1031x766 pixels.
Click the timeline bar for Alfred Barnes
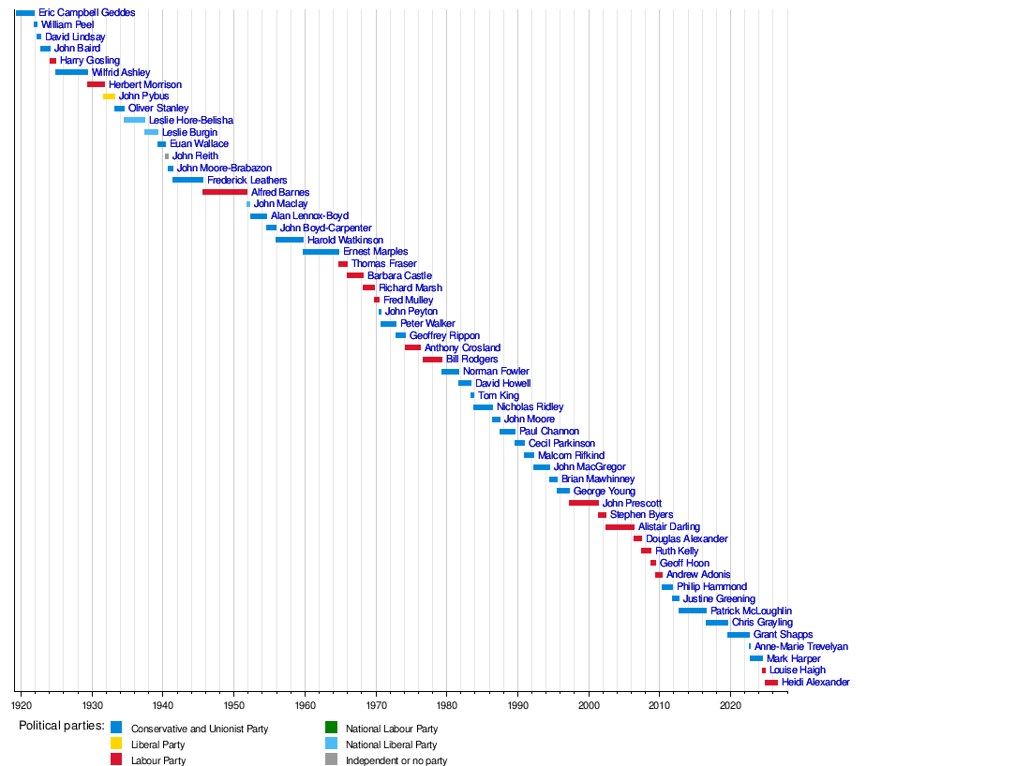225,192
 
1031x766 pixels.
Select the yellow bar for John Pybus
109,96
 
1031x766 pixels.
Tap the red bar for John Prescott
584,503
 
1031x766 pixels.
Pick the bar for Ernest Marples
321,252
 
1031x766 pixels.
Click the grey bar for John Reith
167,156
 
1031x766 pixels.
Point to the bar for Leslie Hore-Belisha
135,120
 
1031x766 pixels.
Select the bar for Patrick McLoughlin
693,611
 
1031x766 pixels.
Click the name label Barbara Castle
400,276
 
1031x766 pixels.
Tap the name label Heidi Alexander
815,683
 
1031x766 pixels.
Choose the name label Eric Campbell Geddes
87,12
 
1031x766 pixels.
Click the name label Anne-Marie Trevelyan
800,646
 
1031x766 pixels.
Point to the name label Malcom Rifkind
572,455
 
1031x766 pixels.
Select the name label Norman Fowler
496,371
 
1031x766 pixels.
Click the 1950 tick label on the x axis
234,705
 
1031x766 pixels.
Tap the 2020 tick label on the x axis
730,705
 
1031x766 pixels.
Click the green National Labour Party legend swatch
332,728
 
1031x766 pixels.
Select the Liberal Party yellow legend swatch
116,744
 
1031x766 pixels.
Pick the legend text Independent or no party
396,760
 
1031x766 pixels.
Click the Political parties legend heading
62,726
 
